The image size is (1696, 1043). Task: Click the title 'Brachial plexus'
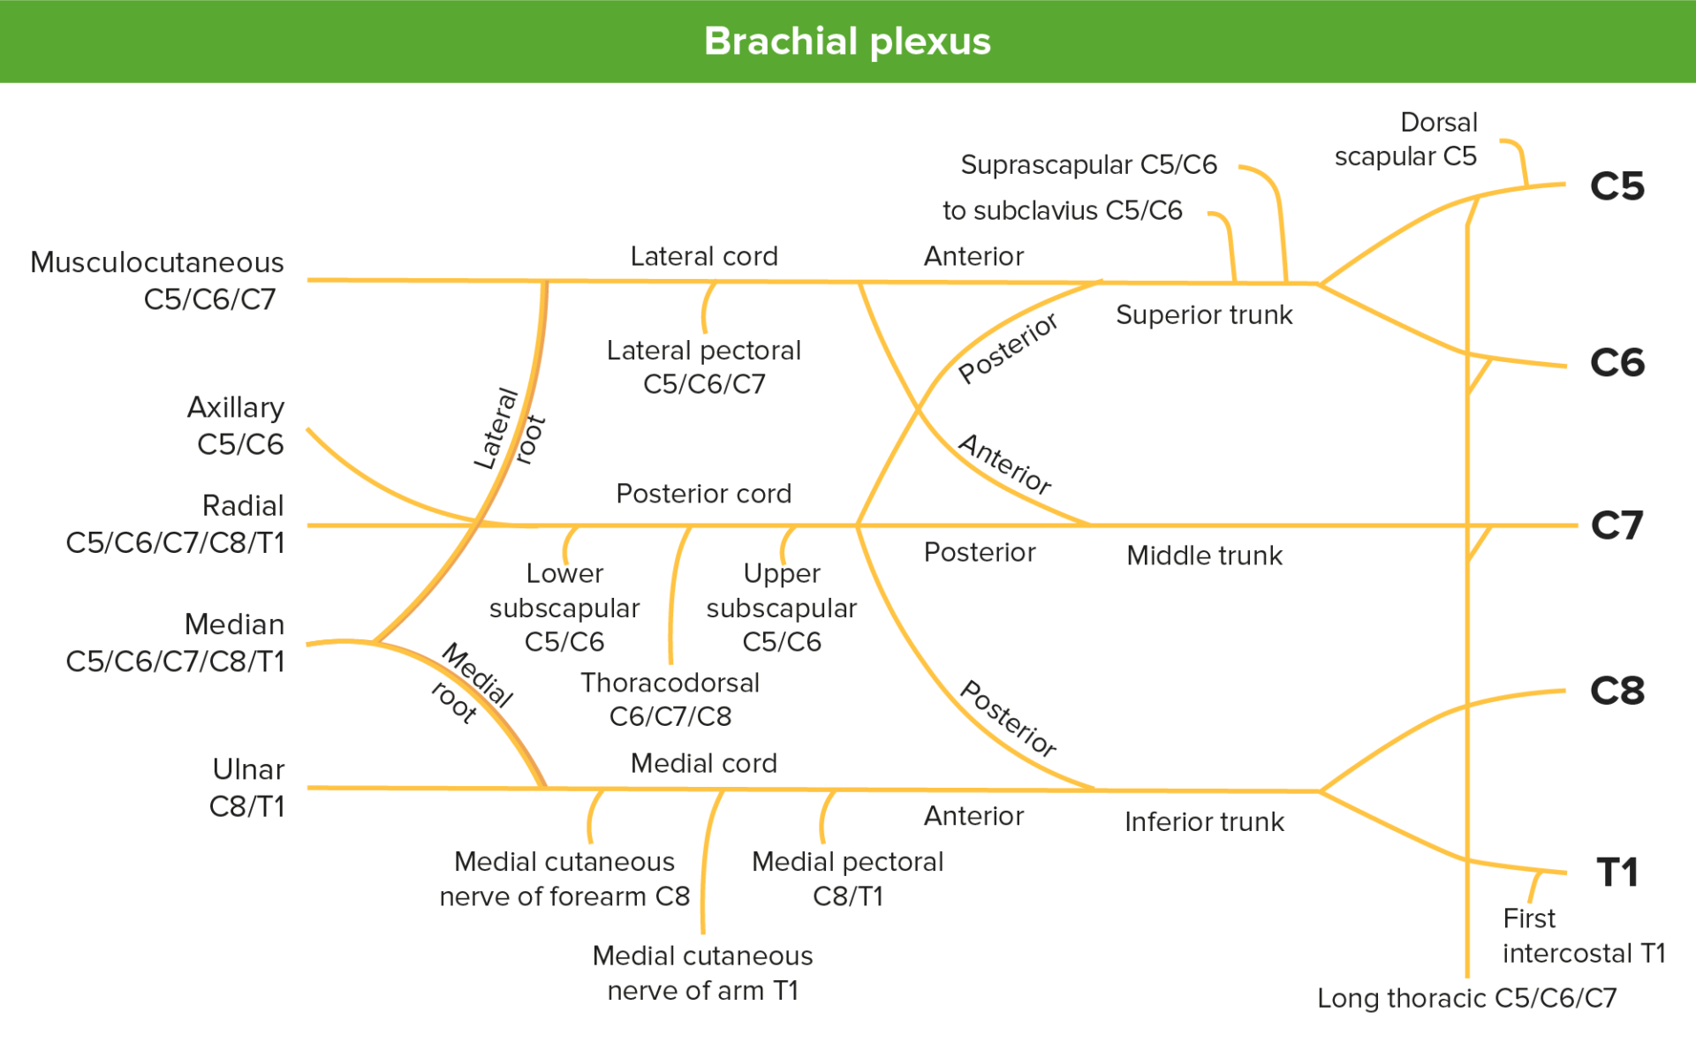[847, 42]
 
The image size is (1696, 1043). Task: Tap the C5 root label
[1616, 186]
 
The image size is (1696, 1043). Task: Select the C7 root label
[1616, 525]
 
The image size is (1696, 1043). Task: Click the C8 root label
[1616, 691]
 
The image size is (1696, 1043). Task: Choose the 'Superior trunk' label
[1204, 315]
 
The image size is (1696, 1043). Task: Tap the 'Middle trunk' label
[1204, 556]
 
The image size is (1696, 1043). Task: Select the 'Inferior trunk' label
[1204, 822]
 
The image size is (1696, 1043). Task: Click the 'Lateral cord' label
[704, 257]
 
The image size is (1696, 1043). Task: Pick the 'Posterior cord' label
[704, 494]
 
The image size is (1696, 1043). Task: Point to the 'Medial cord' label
[704, 763]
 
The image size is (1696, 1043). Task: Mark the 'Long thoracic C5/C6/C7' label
[1466, 998]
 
